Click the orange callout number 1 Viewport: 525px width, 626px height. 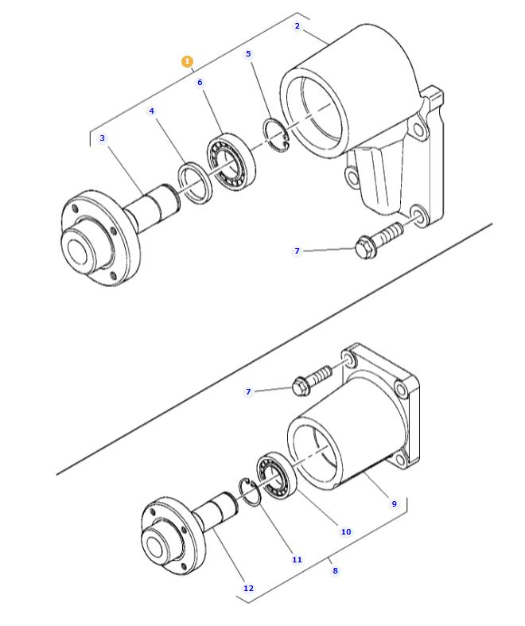click(187, 61)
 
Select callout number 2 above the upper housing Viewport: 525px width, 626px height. click(297, 26)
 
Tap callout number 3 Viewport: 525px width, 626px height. click(102, 138)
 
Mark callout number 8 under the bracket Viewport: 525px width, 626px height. click(335, 571)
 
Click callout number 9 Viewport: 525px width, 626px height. click(393, 504)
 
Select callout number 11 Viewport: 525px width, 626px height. click(297, 560)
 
